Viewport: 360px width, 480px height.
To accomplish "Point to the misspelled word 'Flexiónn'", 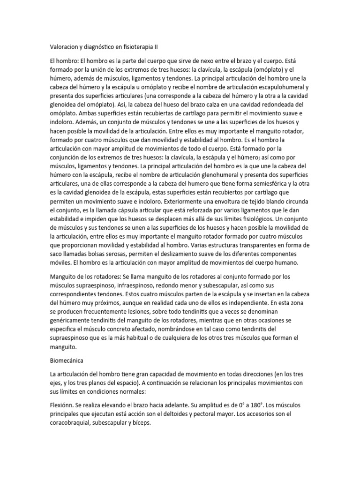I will pos(62,405).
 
